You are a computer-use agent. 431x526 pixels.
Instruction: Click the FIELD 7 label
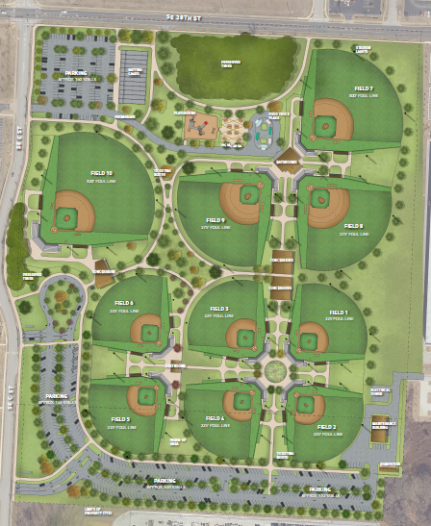point(363,88)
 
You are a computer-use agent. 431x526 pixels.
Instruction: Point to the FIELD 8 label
point(354,225)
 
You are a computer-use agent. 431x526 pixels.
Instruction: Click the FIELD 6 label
point(125,303)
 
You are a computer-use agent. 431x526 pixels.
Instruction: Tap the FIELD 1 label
point(339,313)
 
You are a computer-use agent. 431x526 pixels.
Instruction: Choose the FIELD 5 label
point(120,419)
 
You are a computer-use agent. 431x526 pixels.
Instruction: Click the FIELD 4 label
point(215,418)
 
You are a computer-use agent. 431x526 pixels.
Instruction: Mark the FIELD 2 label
point(327,426)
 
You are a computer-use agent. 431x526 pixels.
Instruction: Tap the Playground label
point(186,113)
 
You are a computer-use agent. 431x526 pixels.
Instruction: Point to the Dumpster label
point(389,464)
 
